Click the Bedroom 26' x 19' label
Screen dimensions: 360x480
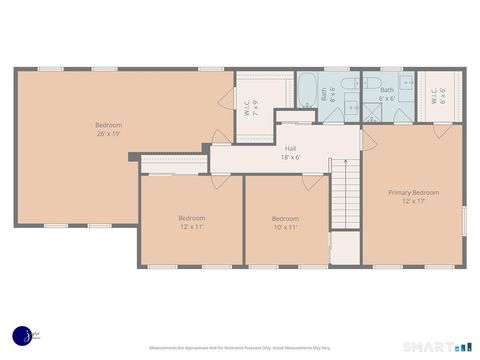pyautogui.click(x=109, y=129)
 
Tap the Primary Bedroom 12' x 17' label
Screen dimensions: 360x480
pyautogui.click(x=413, y=196)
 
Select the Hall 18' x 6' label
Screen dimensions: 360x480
pyautogui.click(x=291, y=152)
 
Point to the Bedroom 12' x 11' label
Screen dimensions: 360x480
pyautogui.click(x=191, y=222)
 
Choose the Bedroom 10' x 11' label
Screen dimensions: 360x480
pyautogui.click(x=285, y=222)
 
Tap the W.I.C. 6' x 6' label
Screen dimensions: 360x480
pyautogui.click(x=440, y=97)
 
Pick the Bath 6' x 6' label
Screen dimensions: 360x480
pyautogui.click(x=387, y=95)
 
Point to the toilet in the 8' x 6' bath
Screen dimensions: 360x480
pyautogui.click(x=351, y=111)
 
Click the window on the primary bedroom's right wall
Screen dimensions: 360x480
pyautogui.click(x=465, y=220)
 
